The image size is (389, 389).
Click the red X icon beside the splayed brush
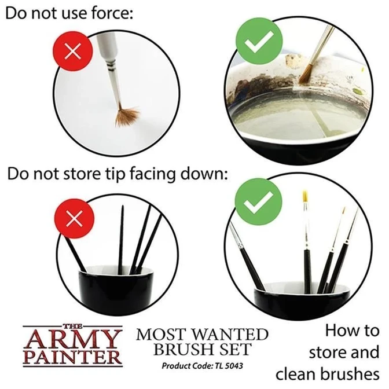pyautogui.click(x=73, y=52)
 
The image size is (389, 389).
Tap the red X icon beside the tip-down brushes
pyautogui.click(x=74, y=218)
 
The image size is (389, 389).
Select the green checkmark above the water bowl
pyautogui.click(x=259, y=41)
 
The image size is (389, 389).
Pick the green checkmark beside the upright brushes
pyautogui.click(x=258, y=202)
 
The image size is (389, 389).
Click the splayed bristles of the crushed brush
pyautogui.click(x=127, y=116)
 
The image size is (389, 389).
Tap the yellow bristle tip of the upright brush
pyautogui.click(x=305, y=196)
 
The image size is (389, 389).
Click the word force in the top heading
pyautogui.click(x=112, y=13)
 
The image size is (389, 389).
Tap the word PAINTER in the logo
pyautogui.click(x=72, y=358)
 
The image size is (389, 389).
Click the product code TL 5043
pyautogui.click(x=227, y=366)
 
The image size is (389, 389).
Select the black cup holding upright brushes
pyautogui.click(x=302, y=300)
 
